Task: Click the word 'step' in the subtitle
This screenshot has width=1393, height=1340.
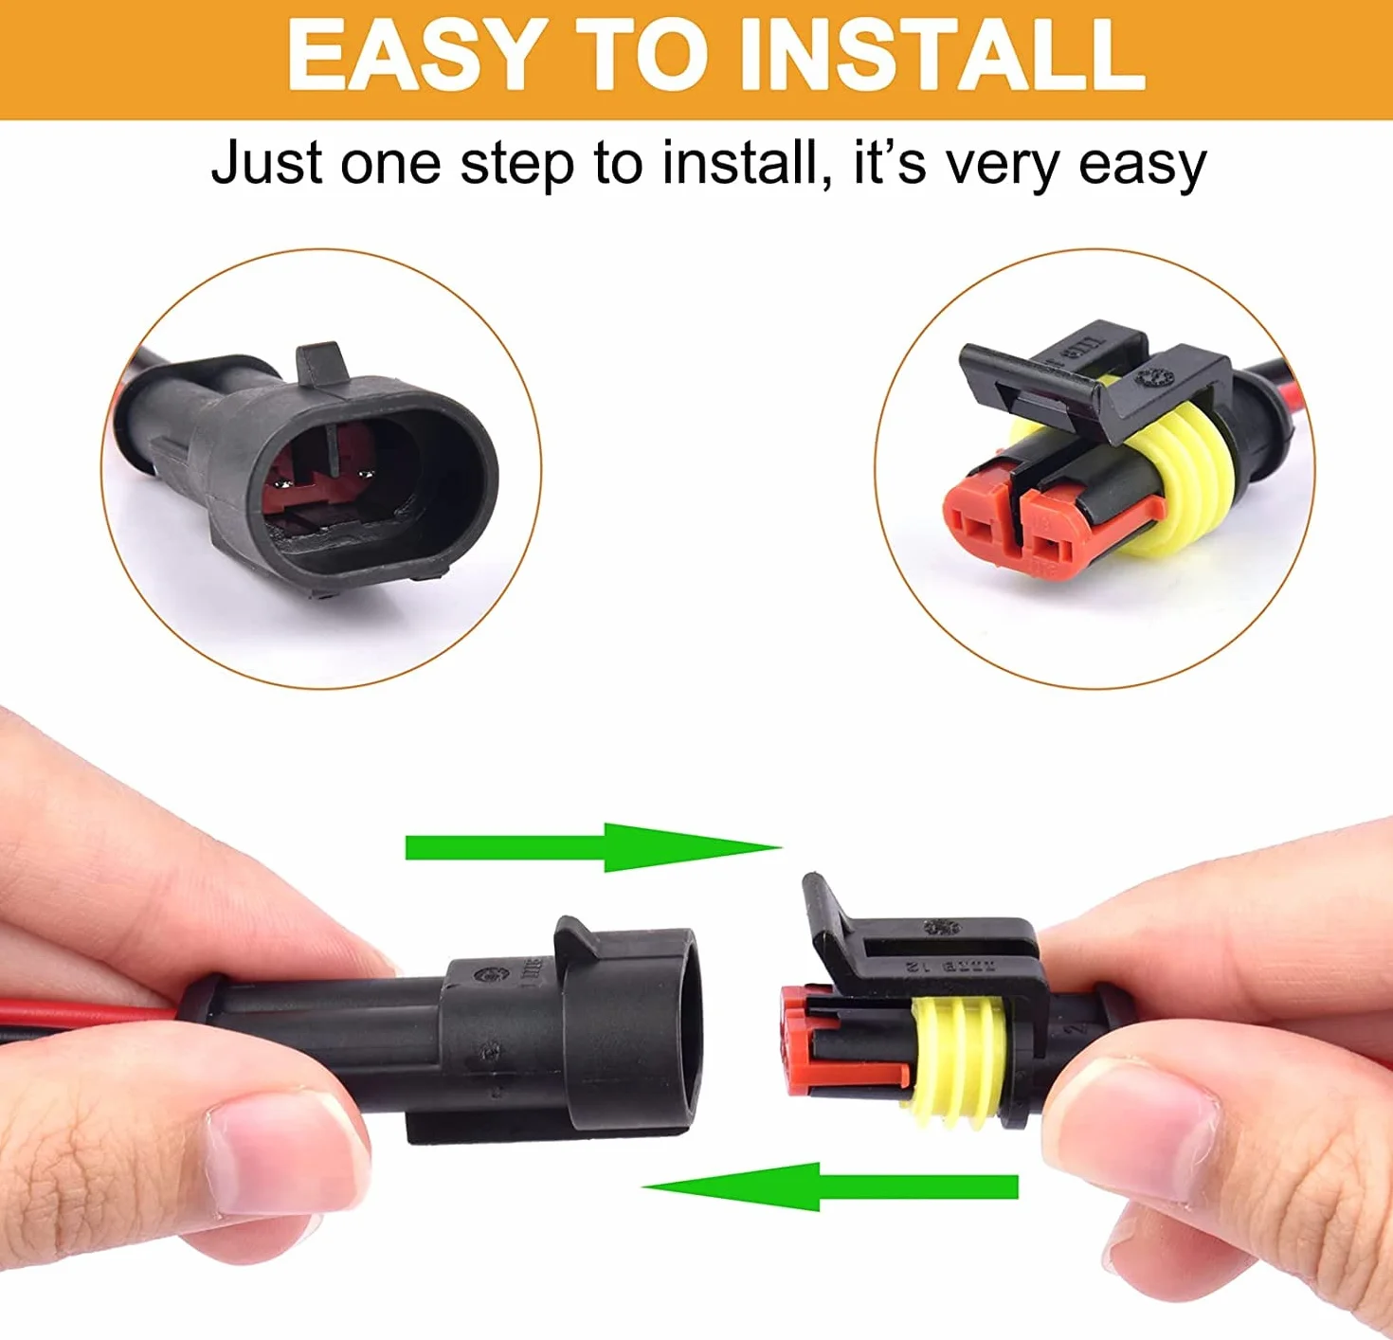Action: [x=516, y=166]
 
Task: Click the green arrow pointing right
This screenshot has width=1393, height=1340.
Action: [x=592, y=847]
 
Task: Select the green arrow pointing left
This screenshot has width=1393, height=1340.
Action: [x=830, y=1186]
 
